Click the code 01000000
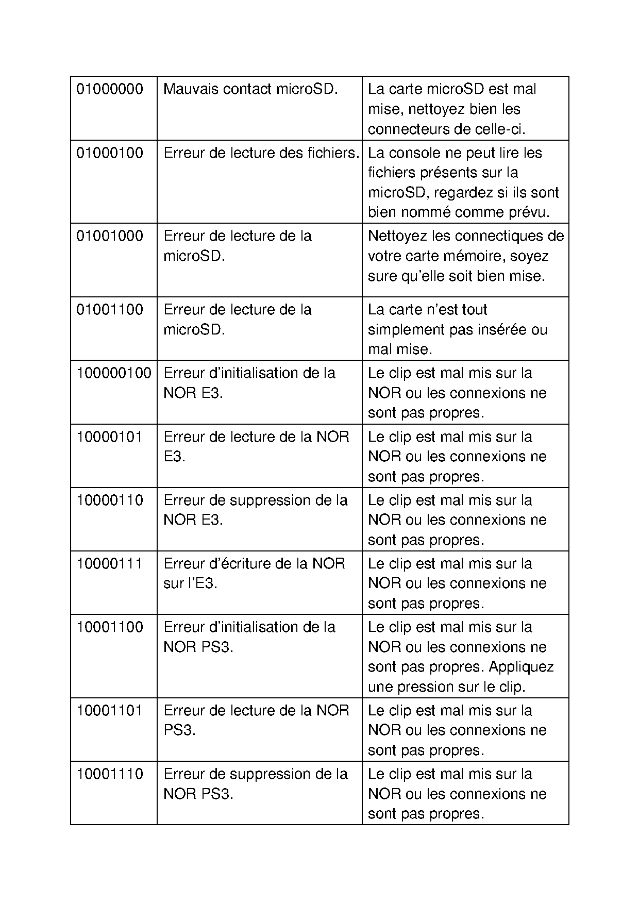click(x=110, y=89)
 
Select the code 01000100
click(x=110, y=153)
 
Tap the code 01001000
click(x=110, y=236)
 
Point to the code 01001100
click(x=110, y=310)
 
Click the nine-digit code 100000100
click(x=114, y=373)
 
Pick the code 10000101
click(x=110, y=437)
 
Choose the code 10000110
click(x=110, y=500)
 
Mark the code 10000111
click(x=110, y=564)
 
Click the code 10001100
click(x=110, y=627)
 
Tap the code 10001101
click(x=110, y=711)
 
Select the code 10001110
click(x=110, y=774)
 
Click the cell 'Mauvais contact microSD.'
click(x=250, y=89)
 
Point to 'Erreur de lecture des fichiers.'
click(x=261, y=153)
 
